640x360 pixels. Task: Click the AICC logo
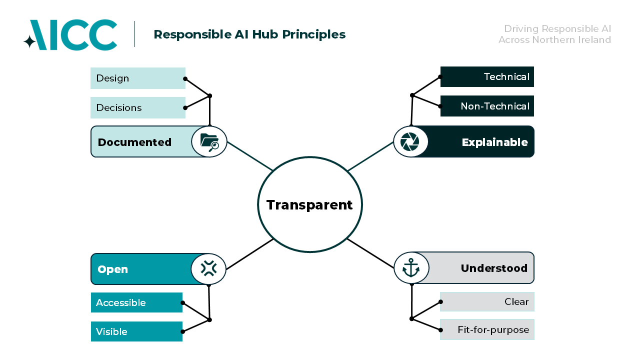pyautogui.click(x=70, y=35)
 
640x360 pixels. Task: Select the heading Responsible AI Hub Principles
pyautogui.click(x=249, y=34)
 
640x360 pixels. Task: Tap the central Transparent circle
pyautogui.click(x=309, y=204)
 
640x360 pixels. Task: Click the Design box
pyautogui.click(x=137, y=78)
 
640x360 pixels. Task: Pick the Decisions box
pyautogui.click(x=137, y=107)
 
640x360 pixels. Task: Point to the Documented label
pyautogui.click(x=134, y=142)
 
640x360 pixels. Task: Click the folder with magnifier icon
pyautogui.click(x=209, y=142)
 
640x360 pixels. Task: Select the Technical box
pyautogui.click(x=487, y=77)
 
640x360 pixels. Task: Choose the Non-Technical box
pyautogui.click(x=487, y=106)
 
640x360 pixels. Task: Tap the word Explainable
pyautogui.click(x=494, y=142)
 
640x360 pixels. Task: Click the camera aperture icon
pyautogui.click(x=410, y=142)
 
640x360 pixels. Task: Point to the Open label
pyautogui.click(x=113, y=269)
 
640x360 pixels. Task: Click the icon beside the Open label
pyautogui.click(x=208, y=269)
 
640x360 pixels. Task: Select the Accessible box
pyautogui.click(x=136, y=302)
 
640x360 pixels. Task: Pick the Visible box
pyautogui.click(x=136, y=331)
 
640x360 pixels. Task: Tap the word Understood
pyautogui.click(x=494, y=268)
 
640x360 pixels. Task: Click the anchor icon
pyautogui.click(x=411, y=268)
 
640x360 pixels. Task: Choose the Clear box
pyautogui.click(x=487, y=302)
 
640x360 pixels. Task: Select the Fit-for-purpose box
pyautogui.click(x=487, y=330)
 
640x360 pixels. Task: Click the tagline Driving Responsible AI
pyautogui.click(x=557, y=29)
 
